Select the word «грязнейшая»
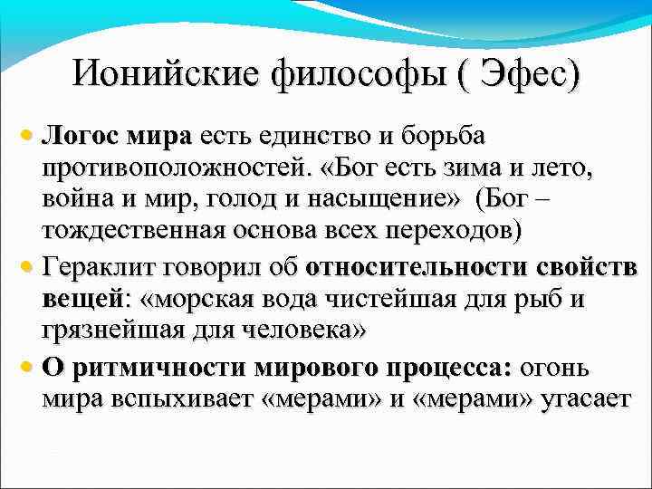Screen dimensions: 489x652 (x=112, y=331)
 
